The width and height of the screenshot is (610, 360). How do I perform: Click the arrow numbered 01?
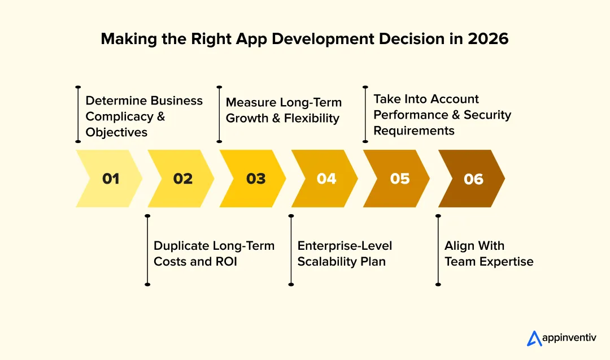pyautogui.click(x=111, y=179)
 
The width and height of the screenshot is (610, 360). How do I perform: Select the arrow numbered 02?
pyautogui.click(x=182, y=179)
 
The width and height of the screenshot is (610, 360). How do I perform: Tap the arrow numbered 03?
pyautogui.click(x=255, y=179)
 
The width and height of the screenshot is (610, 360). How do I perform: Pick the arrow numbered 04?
pyautogui.click(x=326, y=179)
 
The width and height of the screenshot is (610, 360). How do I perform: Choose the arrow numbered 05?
pyautogui.click(x=399, y=179)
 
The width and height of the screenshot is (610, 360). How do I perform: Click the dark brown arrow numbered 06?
pyautogui.click(x=473, y=179)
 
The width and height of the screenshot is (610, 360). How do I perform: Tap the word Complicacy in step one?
pyautogui.click(x=119, y=116)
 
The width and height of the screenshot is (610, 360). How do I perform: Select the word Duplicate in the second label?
pyautogui.click(x=181, y=246)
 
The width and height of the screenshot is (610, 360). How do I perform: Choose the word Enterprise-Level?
pyautogui.click(x=345, y=246)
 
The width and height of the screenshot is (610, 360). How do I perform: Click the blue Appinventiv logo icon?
pyautogui.click(x=534, y=338)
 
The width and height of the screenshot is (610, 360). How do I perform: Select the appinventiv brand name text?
pyautogui.click(x=570, y=339)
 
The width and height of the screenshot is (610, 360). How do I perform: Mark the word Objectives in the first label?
pyautogui.click(x=116, y=132)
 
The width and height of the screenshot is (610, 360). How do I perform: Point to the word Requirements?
pyautogui.click(x=413, y=131)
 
